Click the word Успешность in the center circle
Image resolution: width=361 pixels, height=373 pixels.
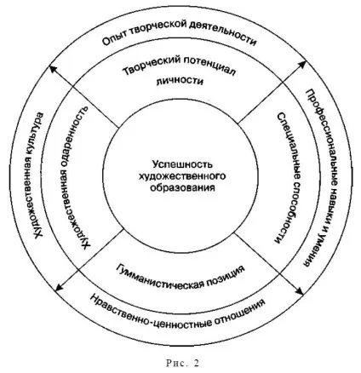click(x=182, y=164)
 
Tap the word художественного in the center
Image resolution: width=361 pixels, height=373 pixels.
click(x=182, y=176)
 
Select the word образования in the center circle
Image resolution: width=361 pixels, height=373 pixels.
click(x=182, y=187)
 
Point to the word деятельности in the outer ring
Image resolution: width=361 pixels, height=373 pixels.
click(x=225, y=32)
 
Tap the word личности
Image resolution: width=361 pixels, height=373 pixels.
click(x=180, y=81)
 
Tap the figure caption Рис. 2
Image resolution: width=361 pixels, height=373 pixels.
click(x=182, y=363)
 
